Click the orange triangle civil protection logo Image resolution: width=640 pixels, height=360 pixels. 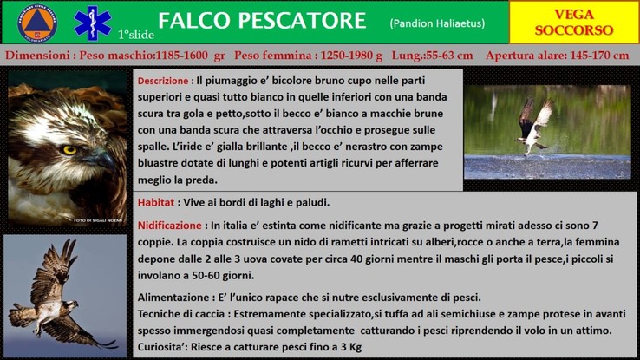click(x=37, y=23)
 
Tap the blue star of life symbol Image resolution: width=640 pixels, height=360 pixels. click(x=93, y=23)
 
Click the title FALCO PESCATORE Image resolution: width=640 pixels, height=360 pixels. click(x=262, y=21)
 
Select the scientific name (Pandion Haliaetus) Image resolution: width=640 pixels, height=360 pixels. click(x=437, y=23)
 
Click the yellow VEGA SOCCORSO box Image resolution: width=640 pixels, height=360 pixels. click(x=574, y=22)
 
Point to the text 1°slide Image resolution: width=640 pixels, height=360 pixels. click(x=136, y=35)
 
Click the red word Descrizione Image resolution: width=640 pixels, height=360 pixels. click(x=163, y=81)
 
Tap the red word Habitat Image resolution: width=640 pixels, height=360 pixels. click(x=156, y=202)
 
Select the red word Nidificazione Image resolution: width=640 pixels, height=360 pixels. click(x=169, y=226)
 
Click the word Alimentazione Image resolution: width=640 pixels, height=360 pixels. click(x=174, y=298)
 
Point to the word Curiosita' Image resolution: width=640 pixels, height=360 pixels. click(x=162, y=347)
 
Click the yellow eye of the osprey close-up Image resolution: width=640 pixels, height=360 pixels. click(x=69, y=150)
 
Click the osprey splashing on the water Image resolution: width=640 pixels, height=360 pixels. click(x=534, y=127)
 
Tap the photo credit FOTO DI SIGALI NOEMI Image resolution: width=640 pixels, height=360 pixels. click(x=97, y=220)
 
